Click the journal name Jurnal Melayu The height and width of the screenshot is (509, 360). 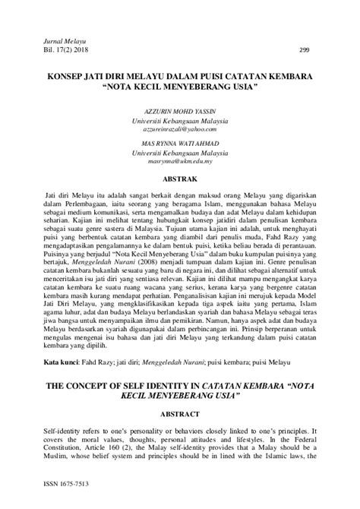pos(49,37)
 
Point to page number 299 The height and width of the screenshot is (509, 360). pos(304,48)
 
